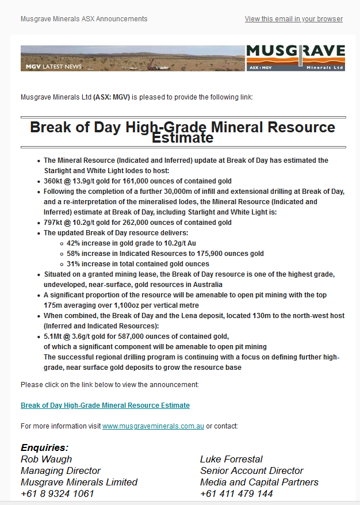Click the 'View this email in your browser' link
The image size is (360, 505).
(x=293, y=19)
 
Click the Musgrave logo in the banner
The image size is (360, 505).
(x=296, y=58)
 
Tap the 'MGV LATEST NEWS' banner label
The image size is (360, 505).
(x=53, y=67)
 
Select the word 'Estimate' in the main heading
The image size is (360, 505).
(x=182, y=138)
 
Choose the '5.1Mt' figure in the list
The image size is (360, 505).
(x=55, y=336)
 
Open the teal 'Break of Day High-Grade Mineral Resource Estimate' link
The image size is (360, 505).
(x=105, y=405)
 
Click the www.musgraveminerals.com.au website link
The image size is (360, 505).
(x=153, y=426)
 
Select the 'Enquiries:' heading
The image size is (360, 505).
(x=44, y=447)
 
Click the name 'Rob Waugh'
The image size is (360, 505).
(x=47, y=459)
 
